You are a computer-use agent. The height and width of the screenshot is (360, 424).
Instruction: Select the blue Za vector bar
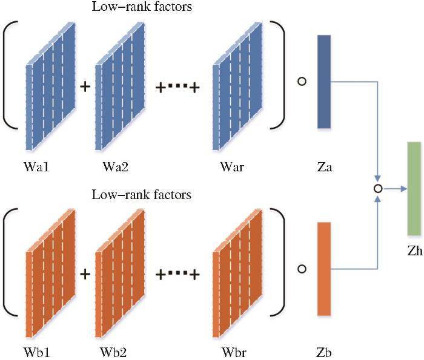[x=324, y=81]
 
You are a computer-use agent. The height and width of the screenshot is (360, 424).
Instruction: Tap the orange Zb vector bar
[x=324, y=268]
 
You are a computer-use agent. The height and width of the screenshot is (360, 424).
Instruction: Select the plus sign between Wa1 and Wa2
[x=85, y=87]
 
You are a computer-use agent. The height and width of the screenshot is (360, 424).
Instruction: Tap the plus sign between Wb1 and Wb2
[x=85, y=273]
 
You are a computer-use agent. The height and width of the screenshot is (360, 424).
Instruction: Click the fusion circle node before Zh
[x=378, y=189]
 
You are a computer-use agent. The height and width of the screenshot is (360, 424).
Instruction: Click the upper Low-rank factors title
[x=141, y=7]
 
